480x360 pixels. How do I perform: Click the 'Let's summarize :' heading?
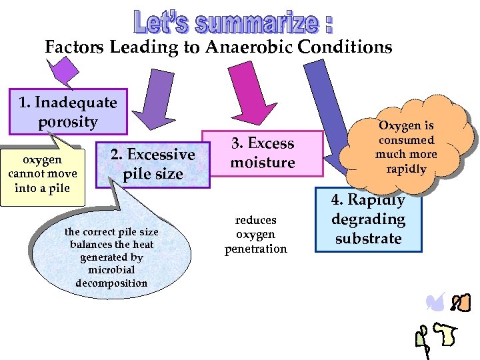(x=233, y=22)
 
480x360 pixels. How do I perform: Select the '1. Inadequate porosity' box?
(x=67, y=112)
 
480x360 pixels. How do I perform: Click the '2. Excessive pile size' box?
(x=152, y=164)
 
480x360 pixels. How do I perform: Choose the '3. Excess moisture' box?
(x=262, y=153)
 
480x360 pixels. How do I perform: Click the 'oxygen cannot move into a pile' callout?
(x=43, y=174)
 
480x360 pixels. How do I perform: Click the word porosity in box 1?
(x=67, y=122)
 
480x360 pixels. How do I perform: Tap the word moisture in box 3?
(x=262, y=163)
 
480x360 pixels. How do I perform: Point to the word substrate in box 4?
(x=368, y=239)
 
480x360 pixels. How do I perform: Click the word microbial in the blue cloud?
(x=111, y=270)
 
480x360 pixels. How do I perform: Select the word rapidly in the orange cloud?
(x=406, y=169)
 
